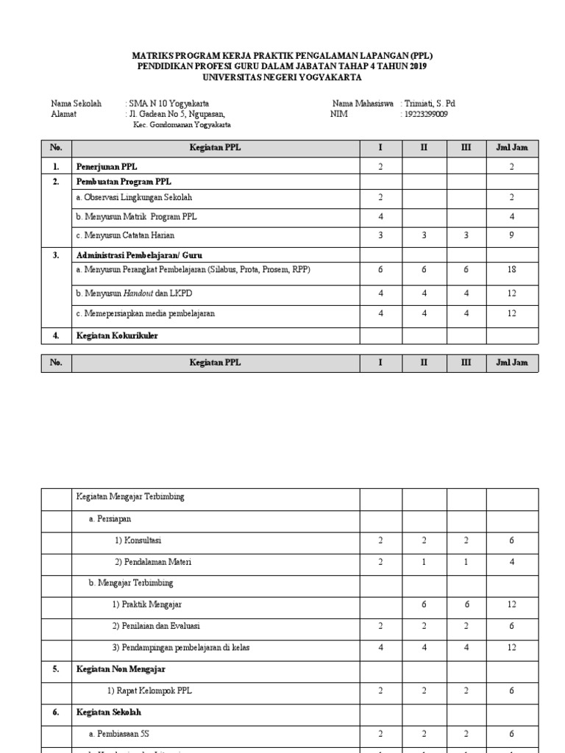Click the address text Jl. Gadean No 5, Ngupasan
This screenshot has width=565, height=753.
[174, 114]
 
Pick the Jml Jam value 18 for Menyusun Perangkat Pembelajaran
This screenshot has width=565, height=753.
[511, 270]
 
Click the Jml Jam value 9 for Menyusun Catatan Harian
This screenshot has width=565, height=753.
[511, 235]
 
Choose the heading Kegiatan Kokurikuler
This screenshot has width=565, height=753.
[117, 336]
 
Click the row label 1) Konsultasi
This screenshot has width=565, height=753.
[138, 540]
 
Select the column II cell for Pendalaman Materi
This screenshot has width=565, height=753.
[424, 562]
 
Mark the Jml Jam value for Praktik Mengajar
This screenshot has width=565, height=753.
[511, 604]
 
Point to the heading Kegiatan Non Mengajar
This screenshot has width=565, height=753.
[121, 669]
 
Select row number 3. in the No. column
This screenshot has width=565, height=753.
[56, 255]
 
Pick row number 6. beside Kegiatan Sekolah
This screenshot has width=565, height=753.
[56, 713]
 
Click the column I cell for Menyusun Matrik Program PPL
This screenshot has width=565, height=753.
[380, 217]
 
